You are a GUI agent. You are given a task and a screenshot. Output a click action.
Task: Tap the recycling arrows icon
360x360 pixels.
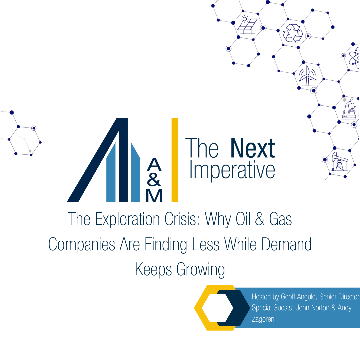(x=293, y=33)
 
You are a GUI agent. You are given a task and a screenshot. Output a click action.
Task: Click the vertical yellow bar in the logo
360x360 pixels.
(x=175, y=160)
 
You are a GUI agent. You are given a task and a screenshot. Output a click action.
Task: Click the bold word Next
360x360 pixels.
(x=253, y=148)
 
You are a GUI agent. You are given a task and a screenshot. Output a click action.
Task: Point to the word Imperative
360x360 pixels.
(x=232, y=170)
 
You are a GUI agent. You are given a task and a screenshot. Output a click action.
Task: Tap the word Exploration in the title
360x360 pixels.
(x=127, y=219)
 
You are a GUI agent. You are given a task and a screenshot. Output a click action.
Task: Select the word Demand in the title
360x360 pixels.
(x=287, y=244)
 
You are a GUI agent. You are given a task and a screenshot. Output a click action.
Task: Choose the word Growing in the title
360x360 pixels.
(x=201, y=270)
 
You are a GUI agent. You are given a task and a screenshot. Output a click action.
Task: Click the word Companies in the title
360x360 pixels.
(x=82, y=245)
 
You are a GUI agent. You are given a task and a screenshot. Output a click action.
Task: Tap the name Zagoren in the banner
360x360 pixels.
(x=263, y=319)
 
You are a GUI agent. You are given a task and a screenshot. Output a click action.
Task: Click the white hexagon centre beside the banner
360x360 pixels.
(x=217, y=308)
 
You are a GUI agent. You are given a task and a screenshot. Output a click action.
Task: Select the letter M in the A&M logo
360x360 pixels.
(x=154, y=196)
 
